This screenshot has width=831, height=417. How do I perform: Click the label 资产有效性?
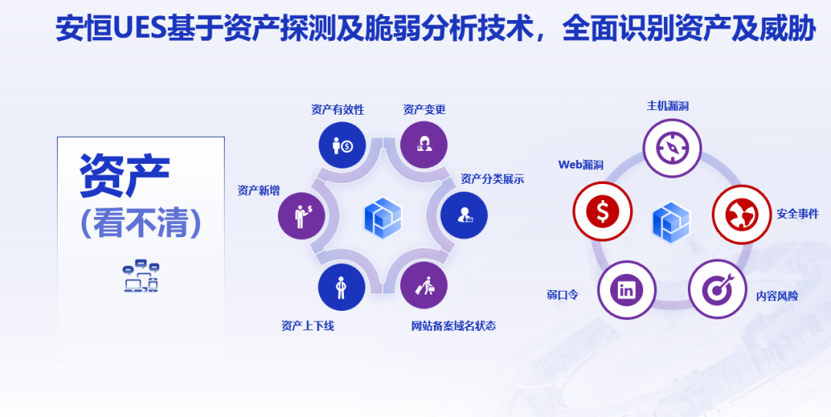click(x=338, y=110)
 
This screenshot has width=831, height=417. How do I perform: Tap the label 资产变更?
click(x=424, y=110)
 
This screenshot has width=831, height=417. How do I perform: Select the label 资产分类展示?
click(x=492, y=179)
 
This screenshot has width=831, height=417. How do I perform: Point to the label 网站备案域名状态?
click(x=454, y=326)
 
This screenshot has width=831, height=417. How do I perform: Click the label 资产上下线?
click(x=308, y=326)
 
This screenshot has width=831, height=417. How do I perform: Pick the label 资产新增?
click(x=259, y=191)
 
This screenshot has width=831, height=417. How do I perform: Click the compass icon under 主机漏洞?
click(x=672, y=148)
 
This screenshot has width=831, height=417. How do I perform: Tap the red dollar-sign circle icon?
click(x=602, y=211)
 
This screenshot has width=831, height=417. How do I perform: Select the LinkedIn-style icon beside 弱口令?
click(x=627, y=289)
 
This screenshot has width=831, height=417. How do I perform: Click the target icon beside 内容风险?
click(x=718, y=289)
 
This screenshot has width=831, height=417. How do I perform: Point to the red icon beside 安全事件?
click(x=742, y=214)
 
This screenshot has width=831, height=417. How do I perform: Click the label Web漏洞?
click(x=581, y=165)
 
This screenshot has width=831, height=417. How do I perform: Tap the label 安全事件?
click(x=798, y=214)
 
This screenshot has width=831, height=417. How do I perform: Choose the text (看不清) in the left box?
click(x=141, y=222)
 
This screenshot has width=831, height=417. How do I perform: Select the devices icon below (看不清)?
click(x=141, y=276)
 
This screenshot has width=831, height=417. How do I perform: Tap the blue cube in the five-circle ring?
click(x=671, y=222)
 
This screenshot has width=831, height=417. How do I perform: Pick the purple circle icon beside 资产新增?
click(x=302, y=215)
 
